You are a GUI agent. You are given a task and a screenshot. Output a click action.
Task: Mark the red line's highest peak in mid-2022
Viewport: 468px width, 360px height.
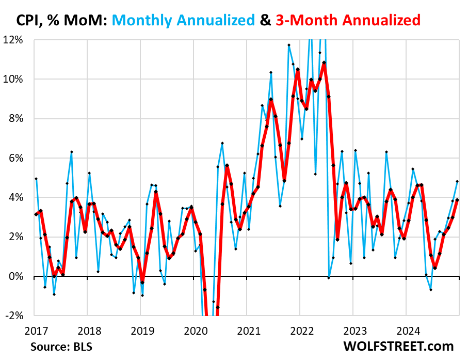coord(324,63)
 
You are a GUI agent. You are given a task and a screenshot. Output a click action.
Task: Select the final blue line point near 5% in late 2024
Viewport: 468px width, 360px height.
coord(457,181)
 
